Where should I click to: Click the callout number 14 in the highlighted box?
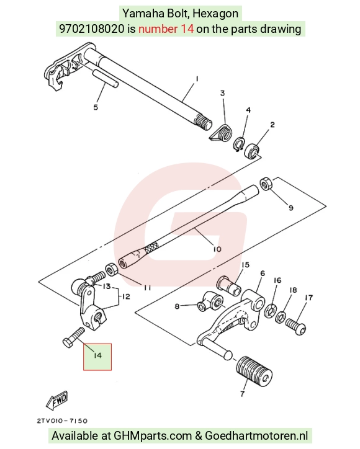tap(97, 355)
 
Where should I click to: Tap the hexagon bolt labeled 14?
tap(74, 337)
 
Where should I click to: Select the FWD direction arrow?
tap(57, 399)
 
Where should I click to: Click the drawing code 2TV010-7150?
tap(62, 421)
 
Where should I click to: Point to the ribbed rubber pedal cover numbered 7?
tap(254, 371)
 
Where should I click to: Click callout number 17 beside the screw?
tap(308, 298)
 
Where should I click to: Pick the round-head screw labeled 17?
tap(296, 326)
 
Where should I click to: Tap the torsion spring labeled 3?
tap(220, 133)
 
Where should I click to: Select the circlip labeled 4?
tap(238, 144)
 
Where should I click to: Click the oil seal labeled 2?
tap(251, 150)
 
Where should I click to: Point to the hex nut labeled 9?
tap(265, 184)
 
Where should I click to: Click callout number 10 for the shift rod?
tap(217, 249)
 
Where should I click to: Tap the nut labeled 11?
tap(111, 269)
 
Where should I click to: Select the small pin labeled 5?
tap(105, 78)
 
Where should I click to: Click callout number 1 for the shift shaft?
tap(197, 79)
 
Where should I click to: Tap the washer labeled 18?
tap(280, 317)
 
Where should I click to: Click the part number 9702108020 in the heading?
tap(92, 29)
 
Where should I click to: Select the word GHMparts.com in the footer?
tap(153, 435)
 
